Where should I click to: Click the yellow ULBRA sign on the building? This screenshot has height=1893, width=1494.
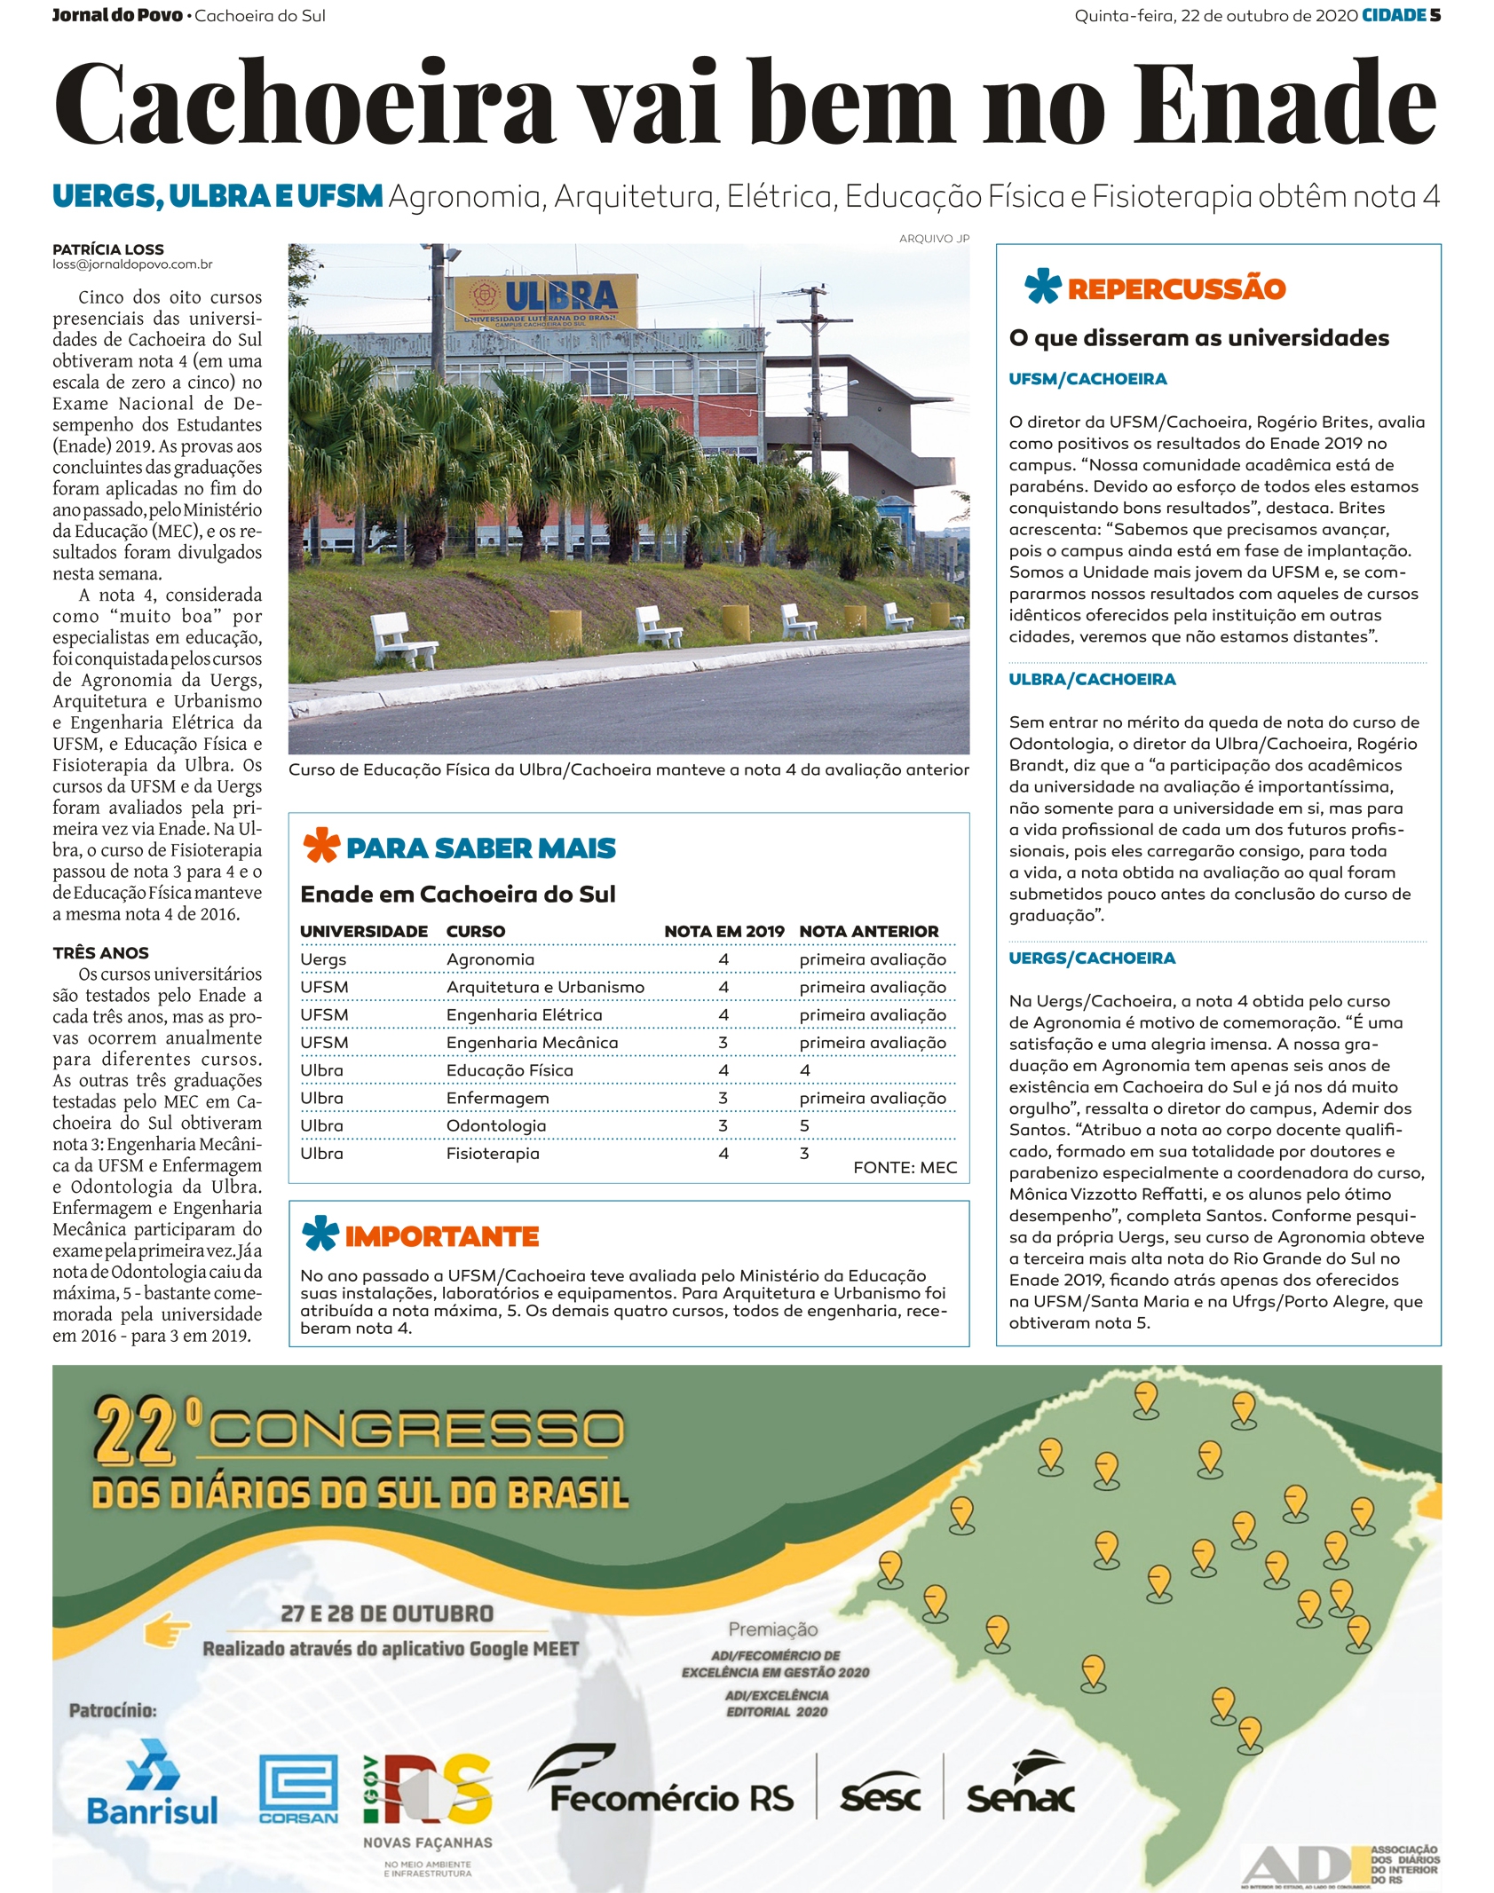tap(546, 300)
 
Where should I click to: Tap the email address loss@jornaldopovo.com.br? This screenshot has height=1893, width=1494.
tap(132, 264)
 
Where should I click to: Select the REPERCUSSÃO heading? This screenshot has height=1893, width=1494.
tap(1176, 288)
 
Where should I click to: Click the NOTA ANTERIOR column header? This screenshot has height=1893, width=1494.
tap(868, 931)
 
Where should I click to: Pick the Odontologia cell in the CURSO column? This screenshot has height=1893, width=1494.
tap(496, 1125)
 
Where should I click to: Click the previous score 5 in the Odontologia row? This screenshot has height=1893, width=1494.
tap(804, 1125)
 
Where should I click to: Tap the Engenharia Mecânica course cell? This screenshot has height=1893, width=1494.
tap(532, 1042)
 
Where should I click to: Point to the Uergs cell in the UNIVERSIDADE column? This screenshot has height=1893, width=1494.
tap(323, 959)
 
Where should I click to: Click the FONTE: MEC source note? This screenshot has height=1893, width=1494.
tap(905, 1167)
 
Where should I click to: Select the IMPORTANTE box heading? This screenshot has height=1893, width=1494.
tap(441, 1236)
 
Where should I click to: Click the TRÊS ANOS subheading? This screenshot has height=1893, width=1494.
tap(100, 952)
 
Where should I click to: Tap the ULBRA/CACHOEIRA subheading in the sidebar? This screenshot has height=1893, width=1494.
tap(1092, 679)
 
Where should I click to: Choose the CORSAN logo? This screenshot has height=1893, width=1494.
tap(298, 1789)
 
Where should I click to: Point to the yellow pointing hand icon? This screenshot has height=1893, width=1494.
tap(167, 1630)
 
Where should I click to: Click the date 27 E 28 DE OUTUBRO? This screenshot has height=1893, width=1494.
tap(387, 1613)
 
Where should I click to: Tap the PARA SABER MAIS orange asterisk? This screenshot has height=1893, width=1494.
tap(321, 845)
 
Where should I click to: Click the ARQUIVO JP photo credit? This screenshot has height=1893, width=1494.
tap(934, 239)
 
